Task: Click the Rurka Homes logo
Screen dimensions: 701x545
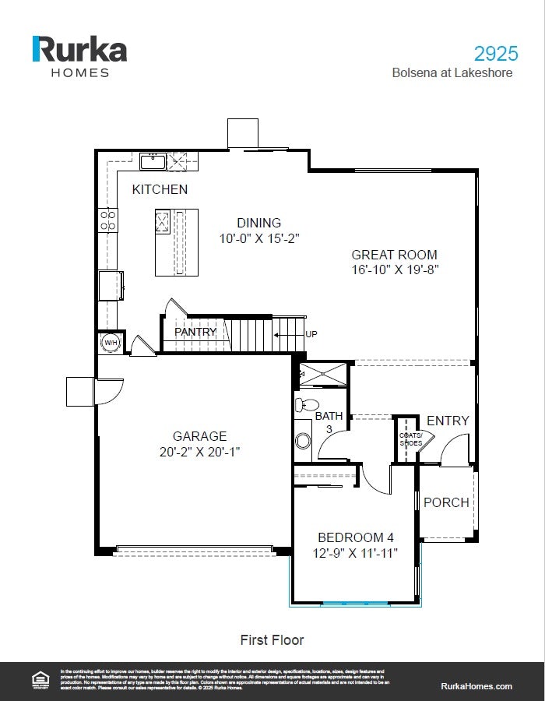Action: click(79, 55)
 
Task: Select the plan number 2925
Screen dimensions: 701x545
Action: click(496, 54)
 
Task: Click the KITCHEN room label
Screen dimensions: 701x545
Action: click(160, 189)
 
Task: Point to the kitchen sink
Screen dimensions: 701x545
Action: click(152, 162)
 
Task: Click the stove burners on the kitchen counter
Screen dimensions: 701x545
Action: click(107, 220)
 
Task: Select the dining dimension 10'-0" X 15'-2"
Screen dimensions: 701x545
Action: click(259, 238)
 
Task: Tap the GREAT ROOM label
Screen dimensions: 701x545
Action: click(394, 255)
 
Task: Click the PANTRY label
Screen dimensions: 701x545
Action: click(195, 332)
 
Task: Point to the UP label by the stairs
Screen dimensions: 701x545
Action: click(311, 334)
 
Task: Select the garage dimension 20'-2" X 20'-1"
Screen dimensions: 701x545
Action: click(200, 452)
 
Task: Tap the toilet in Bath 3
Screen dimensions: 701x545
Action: click(307, 404)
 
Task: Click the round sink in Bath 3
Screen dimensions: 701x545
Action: click(303, 441)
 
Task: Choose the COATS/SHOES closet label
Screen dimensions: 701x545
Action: click(410, 439)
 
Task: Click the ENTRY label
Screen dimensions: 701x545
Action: click(448, 421)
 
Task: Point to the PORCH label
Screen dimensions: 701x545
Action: click(446, 502)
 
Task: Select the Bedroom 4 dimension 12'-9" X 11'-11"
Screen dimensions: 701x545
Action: click(355, 553)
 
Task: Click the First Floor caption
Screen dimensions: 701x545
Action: click(272, 640)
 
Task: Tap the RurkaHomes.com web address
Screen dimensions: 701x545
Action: click(476, 685)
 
